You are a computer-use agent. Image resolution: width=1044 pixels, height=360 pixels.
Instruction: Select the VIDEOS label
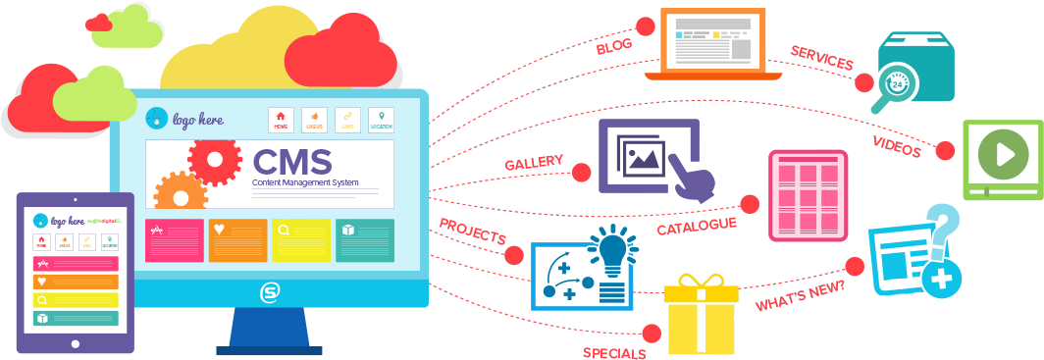pos(897,147)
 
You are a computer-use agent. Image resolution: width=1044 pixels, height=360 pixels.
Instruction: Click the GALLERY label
pos(534,162)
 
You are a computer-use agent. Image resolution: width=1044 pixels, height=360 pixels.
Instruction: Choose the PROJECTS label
pos(472,231)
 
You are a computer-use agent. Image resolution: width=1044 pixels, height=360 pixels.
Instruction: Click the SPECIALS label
pos(614,352)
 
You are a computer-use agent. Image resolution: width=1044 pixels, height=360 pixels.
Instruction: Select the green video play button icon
pos(1003,155)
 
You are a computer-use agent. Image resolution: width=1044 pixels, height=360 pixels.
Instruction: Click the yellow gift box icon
pos(701,315)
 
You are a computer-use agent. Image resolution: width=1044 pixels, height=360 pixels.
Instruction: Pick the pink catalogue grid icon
pos(808,195)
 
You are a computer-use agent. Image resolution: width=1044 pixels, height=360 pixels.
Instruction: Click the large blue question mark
pos(942,228)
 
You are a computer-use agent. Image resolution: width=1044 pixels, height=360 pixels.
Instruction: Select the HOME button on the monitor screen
pos(282,120)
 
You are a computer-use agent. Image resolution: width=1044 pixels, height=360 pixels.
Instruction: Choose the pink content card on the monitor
pos(175,240)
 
